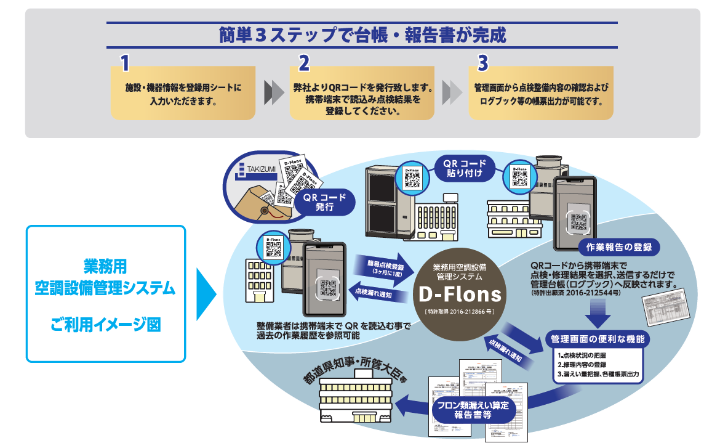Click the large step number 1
(x=124, y=63)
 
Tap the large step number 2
(x=303, y=63)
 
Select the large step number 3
(x=482, y=63)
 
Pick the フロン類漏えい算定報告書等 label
(x=473, y=409)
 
